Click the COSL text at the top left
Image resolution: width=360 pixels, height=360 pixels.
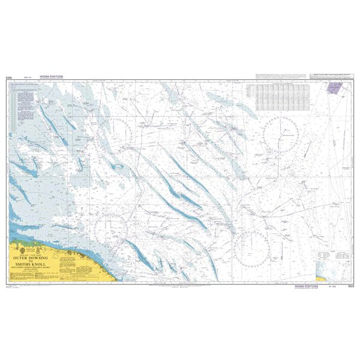(9, 77)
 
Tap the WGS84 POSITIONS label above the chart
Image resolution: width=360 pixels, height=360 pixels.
(52, 77)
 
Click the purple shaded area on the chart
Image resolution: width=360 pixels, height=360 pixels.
(332, 88)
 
